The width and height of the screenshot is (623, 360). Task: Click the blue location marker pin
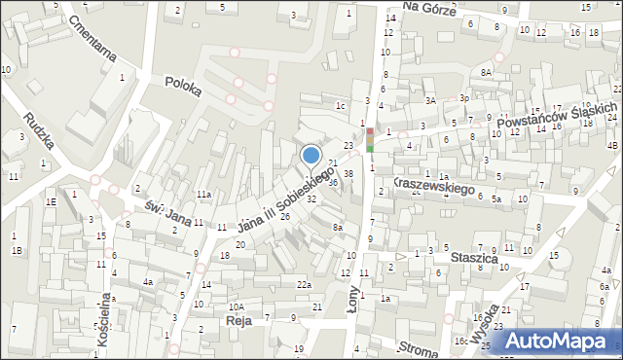click(311, 157)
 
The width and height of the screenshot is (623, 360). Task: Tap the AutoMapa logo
click(558, 339)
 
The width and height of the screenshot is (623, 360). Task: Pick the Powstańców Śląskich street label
click(556, 118)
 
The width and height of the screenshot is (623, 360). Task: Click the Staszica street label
click(475, 260)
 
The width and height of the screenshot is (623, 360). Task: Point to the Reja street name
click(238, 319)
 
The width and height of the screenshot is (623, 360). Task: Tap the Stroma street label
click(419, 347)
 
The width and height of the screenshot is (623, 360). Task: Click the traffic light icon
click(369, 141)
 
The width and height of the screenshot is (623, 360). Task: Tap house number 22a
click(305, 284)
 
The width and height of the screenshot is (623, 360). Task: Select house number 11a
click(202, 196)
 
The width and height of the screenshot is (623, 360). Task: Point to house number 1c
click(340, 105)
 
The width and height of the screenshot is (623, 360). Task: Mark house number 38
click(348, 173)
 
